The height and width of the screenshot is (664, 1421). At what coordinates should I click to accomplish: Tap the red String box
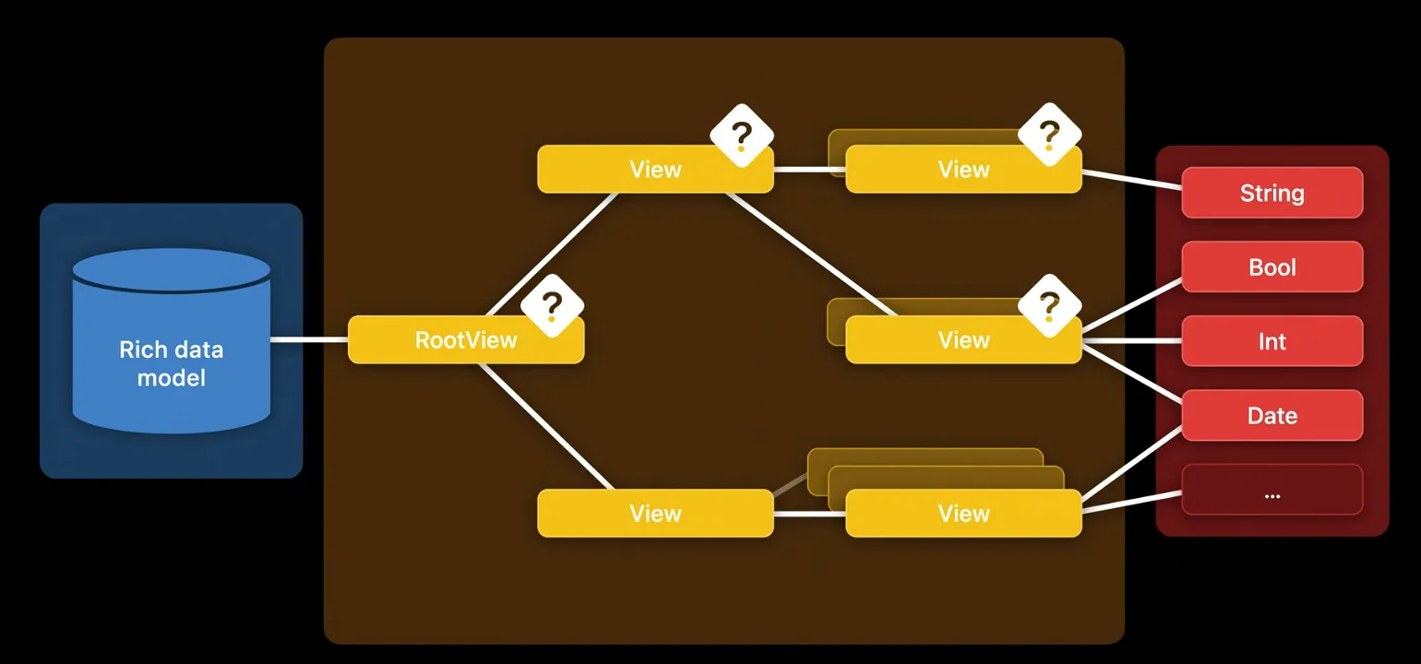tap(1272, 193)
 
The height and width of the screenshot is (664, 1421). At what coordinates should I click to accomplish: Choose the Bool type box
tap(1272, 267)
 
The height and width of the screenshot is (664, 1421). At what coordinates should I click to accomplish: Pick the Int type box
tap(1272, 341)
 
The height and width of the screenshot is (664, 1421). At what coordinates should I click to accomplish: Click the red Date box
tap(1272, 416)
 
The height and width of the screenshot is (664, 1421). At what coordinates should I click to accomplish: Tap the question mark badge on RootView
tap(552, 305)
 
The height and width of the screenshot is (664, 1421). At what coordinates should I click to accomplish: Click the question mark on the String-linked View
tap(1049, 135)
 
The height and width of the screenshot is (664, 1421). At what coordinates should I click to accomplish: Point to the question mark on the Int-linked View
tap(1049, 304)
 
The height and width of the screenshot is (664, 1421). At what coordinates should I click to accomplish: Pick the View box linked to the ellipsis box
tap(962, 514)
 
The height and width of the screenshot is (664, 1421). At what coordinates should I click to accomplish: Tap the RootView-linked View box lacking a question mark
tap(655, 514)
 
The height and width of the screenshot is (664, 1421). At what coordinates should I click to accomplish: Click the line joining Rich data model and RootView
tap(309, 339)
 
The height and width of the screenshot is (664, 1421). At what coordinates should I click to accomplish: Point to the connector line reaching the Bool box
tap(1132, 304)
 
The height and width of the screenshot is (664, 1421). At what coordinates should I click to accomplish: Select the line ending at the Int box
tap(1132, 340)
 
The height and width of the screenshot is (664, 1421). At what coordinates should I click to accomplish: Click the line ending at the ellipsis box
tap(1132, 504)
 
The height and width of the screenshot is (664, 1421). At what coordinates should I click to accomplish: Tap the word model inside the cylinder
tap(172, 378)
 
